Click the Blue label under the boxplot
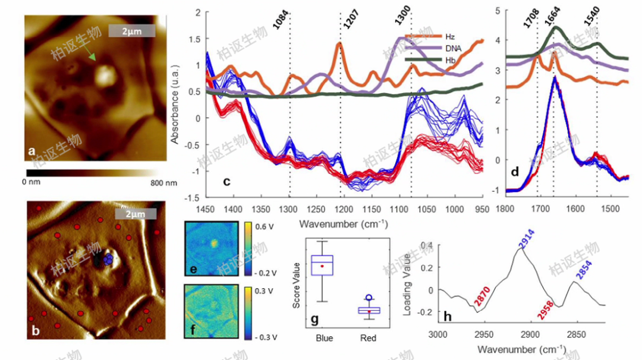click(x=322, y=338)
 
